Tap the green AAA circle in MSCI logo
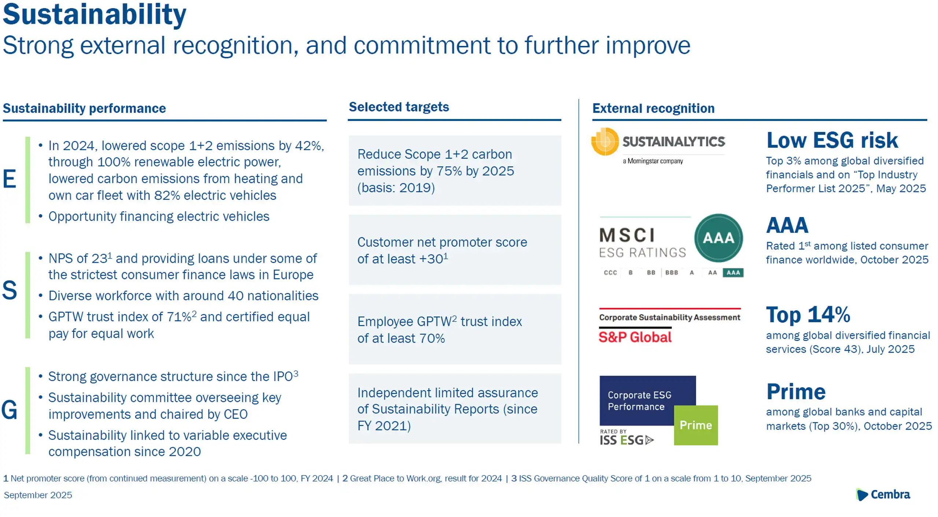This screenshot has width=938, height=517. tap(718, 238)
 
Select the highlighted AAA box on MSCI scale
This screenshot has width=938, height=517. tap(733, 272)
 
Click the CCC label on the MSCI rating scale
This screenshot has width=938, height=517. tap(610, 272)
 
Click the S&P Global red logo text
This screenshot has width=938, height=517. tap(635, 337)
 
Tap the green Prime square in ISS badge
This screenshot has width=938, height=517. tap(695, 425)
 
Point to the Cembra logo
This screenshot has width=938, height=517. tap(883, 494)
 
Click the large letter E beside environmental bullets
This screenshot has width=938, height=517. tap(9, 179)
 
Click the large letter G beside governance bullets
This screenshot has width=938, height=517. tap(9, 410)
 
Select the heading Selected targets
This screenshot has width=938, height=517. tap(399, 107)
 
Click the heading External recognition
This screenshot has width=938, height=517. tap(653, 109)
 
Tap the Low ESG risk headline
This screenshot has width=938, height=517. tap(832, 140)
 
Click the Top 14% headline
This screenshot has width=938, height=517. tap(808, 315)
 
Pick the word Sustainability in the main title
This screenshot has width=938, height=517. tap(95, 15)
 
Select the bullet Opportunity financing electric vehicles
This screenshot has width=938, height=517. tap(159, 216)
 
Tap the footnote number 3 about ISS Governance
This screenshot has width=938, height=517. tap(514, 478)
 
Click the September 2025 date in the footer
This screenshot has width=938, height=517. tap(38, 495)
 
